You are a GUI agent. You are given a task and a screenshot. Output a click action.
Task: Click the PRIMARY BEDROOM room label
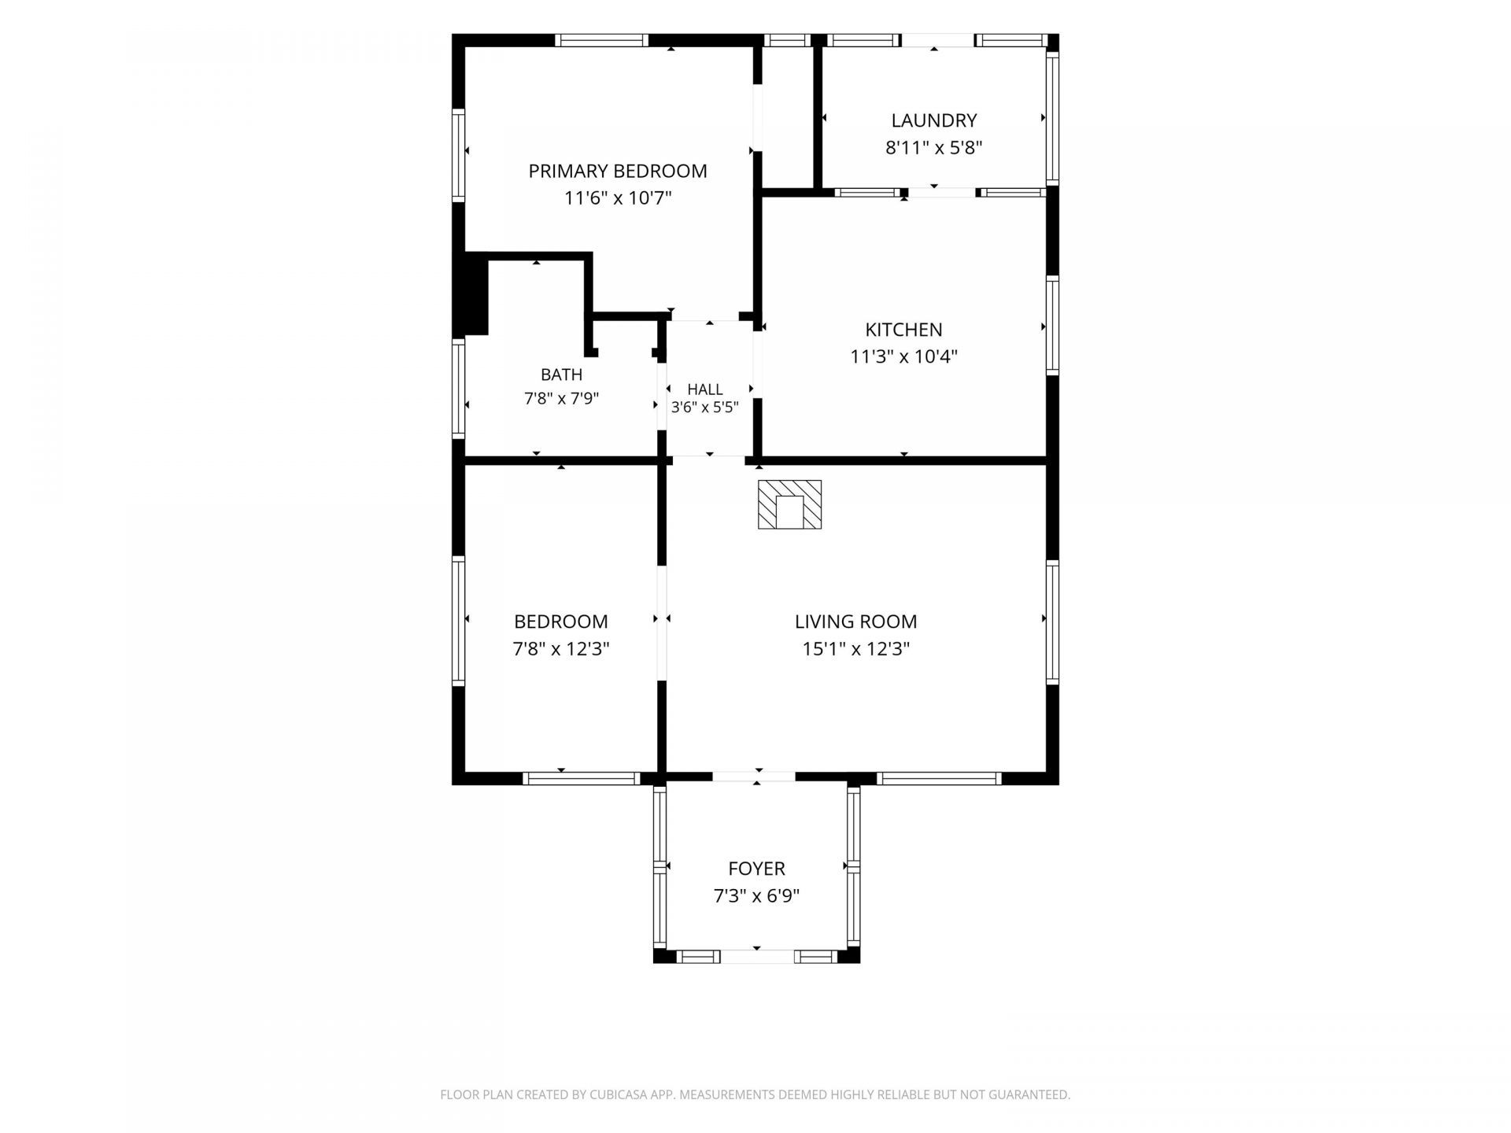coord(618,171)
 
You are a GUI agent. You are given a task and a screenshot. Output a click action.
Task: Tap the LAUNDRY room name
coord(934,120)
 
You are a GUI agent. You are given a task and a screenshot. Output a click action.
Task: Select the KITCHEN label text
coord(903,330)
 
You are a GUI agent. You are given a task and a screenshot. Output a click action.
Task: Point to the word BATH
coord(562,375)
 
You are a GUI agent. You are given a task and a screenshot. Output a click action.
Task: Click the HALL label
coord(705,389)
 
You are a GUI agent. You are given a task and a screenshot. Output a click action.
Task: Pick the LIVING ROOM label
coord(856,622)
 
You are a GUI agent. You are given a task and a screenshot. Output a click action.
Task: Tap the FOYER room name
coord(756,869)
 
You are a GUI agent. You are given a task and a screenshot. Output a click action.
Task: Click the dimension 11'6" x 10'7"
coord(618,198)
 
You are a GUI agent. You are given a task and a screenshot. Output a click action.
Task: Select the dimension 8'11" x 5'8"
coord(934,148)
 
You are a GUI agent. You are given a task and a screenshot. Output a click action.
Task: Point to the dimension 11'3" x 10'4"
coord(903,357)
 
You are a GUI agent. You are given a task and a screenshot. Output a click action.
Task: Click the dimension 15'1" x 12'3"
coord(856,649)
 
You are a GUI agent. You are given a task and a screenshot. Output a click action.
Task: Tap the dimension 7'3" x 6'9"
coord(756,896)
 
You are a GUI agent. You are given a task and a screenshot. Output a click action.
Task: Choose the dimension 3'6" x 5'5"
coord(705,408)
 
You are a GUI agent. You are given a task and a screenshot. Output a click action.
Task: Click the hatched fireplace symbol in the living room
coord(789,504)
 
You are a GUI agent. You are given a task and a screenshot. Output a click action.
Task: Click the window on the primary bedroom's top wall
coord(601,40)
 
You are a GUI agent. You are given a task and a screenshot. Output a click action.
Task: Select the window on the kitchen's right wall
coord(1052,325)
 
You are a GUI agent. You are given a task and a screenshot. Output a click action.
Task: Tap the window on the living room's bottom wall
coord(939,778)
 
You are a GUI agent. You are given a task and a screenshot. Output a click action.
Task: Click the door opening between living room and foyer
coord(754,777)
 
